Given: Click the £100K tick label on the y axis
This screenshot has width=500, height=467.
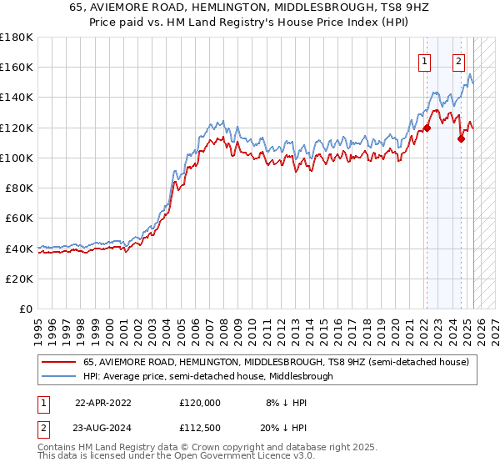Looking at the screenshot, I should coord(17,158).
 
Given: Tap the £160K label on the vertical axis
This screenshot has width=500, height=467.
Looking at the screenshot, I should coord(17,67).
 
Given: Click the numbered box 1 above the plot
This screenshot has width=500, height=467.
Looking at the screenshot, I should coord(425,60).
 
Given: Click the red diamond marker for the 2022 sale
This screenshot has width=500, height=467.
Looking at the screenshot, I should coord(427,128).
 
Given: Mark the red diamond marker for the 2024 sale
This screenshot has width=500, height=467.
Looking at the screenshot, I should coord(460,139).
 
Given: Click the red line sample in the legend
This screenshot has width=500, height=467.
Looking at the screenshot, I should coord(57,363).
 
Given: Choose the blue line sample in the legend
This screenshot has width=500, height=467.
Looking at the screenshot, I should coord(57,376).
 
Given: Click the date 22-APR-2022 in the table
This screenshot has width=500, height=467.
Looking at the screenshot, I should coord(103,402).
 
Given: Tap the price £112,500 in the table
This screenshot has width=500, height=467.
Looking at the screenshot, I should coord(200,427).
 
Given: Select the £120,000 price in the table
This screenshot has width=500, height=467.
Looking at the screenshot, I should coord(200,402).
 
